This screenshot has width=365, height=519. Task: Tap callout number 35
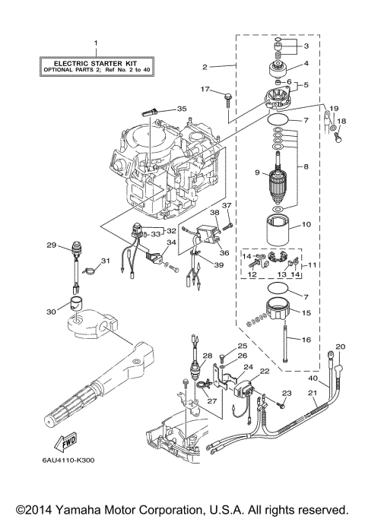click(x=181, y=109)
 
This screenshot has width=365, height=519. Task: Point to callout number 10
click(x=308, y=224)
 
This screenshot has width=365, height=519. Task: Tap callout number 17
click(x=205, y=90)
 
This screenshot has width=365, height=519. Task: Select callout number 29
click(x=52, y=245)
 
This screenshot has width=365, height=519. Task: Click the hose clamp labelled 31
click(x=89, y=267)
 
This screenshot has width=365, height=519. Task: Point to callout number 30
click(x=52, y=312)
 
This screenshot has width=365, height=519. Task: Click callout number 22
click(x=265, y=371)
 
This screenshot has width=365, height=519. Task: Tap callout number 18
click(x=341, y=121)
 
